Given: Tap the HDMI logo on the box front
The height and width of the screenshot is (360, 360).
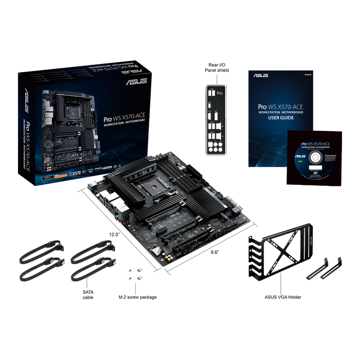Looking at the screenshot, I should click(106, 167).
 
